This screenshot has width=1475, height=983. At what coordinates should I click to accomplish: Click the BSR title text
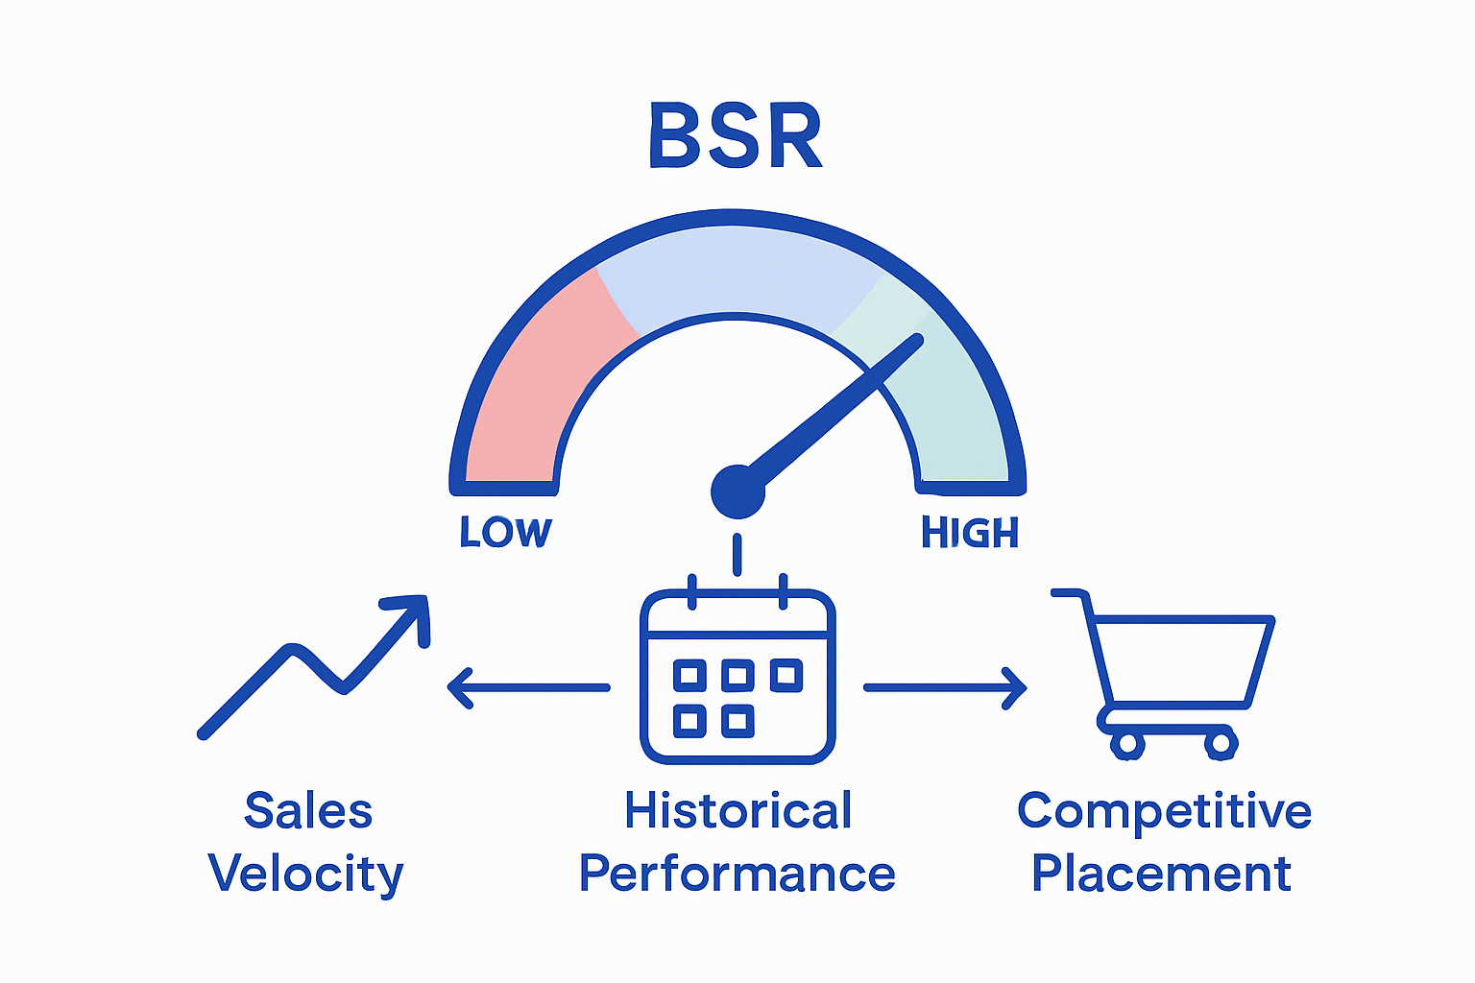[736, 136]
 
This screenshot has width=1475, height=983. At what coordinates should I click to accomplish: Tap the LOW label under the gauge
[506, 533]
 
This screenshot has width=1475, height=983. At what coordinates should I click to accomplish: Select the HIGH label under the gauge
[969, 533]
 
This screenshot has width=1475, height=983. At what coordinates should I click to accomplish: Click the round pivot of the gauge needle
[737, 491]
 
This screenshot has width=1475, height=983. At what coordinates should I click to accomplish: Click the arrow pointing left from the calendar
[528, 687]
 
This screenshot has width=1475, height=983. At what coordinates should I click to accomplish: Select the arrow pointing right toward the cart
[946, 687]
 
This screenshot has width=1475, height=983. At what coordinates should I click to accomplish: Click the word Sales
[308, 811]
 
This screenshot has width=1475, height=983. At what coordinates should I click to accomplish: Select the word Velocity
[305, 875]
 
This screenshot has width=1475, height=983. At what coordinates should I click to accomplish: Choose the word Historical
[737, 811]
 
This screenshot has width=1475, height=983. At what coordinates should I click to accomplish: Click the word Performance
[737, 875]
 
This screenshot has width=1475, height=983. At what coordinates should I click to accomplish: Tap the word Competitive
[1164, 811]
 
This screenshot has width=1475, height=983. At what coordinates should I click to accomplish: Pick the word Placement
[1161, 875]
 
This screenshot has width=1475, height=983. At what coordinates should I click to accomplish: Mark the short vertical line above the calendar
[737, 554]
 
